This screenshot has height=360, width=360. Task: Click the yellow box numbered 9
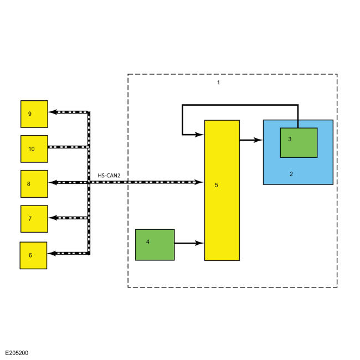coord(34,114)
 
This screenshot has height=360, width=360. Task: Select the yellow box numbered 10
coord(34,148)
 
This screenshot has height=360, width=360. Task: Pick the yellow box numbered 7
coord(34,219)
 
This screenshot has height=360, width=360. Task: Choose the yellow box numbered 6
coord(33,255)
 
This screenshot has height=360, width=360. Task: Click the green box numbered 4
coord(155,244)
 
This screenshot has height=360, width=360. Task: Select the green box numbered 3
coord(299,142)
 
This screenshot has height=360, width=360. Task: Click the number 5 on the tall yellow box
coord(217,185)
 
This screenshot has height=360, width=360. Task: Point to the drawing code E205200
coord(17,352)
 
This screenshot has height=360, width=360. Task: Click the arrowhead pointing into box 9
coord(52,112)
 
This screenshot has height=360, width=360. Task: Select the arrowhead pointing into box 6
coord(52,253)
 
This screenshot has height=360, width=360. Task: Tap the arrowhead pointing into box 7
coord(52,218)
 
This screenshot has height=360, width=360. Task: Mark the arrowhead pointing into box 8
coord(52,182)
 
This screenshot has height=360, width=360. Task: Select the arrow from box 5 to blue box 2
coord(251,140)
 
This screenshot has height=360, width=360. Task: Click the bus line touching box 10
coord(68,147)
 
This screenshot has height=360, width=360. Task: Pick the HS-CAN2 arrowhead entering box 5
coord(200,182)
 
